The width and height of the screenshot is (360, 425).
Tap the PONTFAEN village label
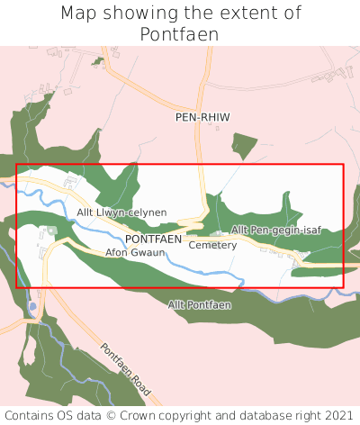click(x=153, y=240)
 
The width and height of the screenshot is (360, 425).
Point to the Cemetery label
click(x=212, y=245)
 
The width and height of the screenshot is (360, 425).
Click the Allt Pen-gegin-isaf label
click(x=275, y=231)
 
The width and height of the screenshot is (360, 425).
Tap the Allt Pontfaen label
click(x=199, y=305)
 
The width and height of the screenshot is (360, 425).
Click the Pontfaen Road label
click(x=130, y=373)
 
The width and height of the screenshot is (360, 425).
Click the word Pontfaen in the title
click(x=179, y=34)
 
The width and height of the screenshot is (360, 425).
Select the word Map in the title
click(x=79, y=14)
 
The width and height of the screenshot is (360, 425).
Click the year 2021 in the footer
click(x=338, y=415)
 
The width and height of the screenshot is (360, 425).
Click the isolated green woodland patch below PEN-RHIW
click(x=244, y=145)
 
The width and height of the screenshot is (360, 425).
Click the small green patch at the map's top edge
click(x=97, y=61)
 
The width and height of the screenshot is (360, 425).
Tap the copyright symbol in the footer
click(x=112, y=415)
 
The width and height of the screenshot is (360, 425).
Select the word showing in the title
click(x=134, y=14)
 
